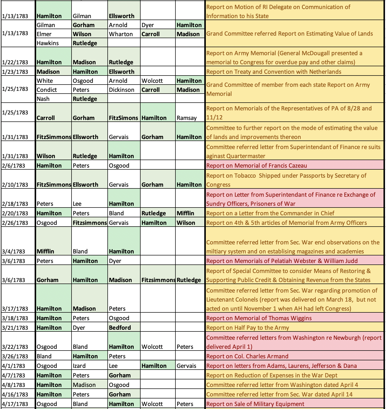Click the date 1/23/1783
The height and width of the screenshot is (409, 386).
(15, 72)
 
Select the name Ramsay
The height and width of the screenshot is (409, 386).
(186, 118)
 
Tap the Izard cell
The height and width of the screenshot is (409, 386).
(79, 366)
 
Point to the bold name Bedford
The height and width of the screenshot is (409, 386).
(120, 328)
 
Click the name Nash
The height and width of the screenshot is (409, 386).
(43, 99)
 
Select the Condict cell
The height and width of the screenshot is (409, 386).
(47, 90)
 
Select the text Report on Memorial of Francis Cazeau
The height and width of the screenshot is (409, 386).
(256, 166)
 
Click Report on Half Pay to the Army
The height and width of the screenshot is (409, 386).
(247, 328)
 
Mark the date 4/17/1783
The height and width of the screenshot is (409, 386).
(15, 404)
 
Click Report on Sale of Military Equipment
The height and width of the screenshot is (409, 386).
(255, 404)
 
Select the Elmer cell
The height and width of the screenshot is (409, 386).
(44, 34)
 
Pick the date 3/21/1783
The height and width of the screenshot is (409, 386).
(15, 328)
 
